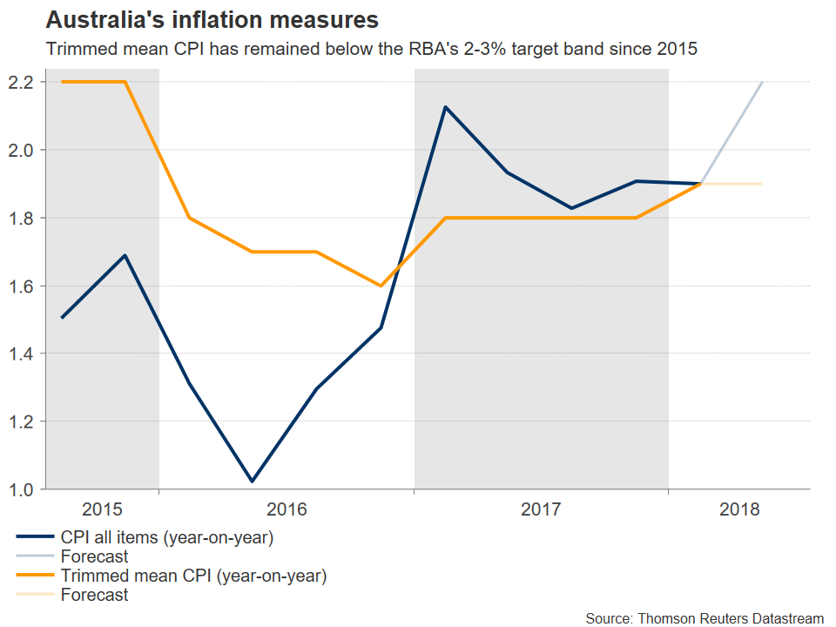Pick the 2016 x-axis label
click(286, 509)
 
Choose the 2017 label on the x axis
click(541, 509)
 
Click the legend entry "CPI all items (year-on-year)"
click(167, 537)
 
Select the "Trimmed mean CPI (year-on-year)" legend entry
click(192, 576)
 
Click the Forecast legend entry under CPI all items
click(94, 556)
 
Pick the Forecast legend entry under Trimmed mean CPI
click(94, 596)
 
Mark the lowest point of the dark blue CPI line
click(253, 481)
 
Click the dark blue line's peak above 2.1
click(445, 107)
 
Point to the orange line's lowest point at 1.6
click(381, 286)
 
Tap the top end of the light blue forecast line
click(762, 83)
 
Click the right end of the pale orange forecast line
click(762, 184)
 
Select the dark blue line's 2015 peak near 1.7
click(125, 255)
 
